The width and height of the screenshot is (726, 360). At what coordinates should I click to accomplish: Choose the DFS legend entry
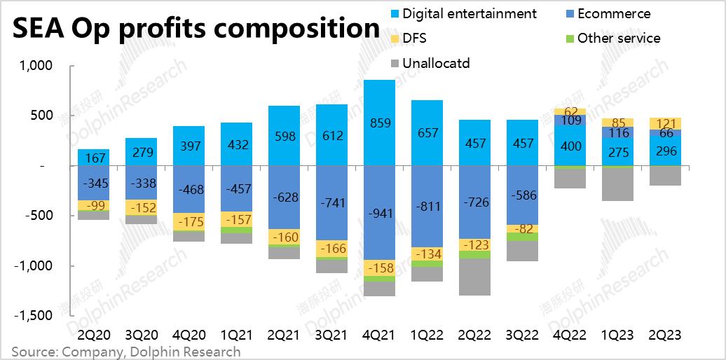coord(414,39)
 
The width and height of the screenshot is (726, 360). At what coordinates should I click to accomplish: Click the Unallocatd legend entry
coord(435,64)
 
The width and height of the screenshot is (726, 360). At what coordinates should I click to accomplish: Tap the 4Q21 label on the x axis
coord(379,335)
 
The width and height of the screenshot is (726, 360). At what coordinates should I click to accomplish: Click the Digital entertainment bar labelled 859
coord(379,123)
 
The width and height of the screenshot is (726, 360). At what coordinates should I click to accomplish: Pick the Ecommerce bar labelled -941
coord(379,212)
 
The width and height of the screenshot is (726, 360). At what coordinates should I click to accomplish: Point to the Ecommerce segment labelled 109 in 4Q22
coord(570,120)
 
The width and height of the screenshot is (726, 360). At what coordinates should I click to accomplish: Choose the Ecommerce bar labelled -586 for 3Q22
coord(522,195)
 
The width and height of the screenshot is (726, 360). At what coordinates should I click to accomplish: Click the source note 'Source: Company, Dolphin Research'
coord(126,352)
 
